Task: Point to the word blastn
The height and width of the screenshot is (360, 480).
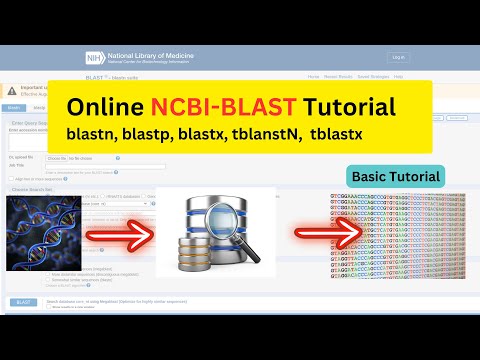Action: [x=93, y=134]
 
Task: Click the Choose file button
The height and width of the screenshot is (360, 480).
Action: [x=56, y=158]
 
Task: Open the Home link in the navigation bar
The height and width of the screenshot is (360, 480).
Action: [x=314, y=76]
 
